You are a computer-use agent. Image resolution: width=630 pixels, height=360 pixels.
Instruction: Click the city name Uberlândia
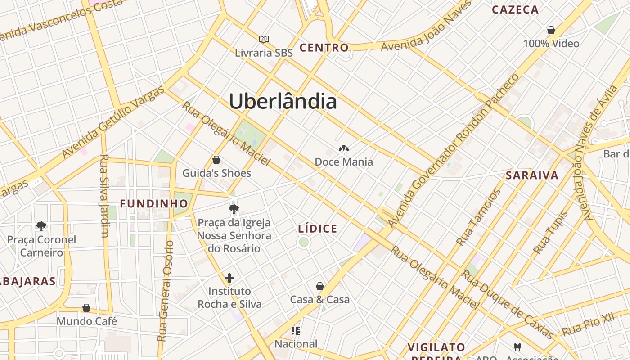pyautogui.click(x=283, y=102)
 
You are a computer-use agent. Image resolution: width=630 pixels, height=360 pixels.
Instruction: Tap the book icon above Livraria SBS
pyautogui.click(x=264, y=40)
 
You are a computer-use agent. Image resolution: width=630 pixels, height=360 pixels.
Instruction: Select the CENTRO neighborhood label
pyautogui.click(x=324, y=48)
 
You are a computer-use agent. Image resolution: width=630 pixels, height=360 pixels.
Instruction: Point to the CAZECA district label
pyautogui.click(x=515, y=9)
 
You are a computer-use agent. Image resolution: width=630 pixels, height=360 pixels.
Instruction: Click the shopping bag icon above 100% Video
pyautogui.click(x=551, y=31)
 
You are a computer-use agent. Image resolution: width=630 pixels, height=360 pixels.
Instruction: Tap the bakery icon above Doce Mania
pyautogui.click(x=344, y=148)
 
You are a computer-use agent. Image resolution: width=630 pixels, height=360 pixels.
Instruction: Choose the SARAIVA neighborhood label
pyautogui.click(x=532, y=175)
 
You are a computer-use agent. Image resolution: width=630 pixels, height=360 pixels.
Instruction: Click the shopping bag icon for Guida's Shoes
pyautogui.click(x=216, y=160)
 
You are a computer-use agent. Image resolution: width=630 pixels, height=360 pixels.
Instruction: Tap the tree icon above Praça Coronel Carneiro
pyautogui.click(x=41, y=226)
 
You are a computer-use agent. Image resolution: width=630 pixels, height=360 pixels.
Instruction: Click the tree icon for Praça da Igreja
pyautogui.click(x=234, y=209)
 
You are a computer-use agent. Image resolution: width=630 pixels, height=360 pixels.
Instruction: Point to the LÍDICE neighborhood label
pyautogui.click(x=318, y=229)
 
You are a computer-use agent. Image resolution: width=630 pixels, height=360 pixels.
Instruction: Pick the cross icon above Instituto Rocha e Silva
pyautogui.click(x=229, y=278)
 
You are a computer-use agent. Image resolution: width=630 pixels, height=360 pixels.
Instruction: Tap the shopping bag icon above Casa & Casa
pyautogui.click(x=320, y=286)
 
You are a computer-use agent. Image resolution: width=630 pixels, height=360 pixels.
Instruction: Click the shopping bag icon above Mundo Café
pyautogui.click(x=86, y=308)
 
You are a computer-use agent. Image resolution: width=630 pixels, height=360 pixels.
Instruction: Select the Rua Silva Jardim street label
pyautogui.click(x=104, y=196)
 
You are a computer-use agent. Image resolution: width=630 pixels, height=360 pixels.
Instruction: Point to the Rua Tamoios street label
pyautogui.click(x=479, y=217)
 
